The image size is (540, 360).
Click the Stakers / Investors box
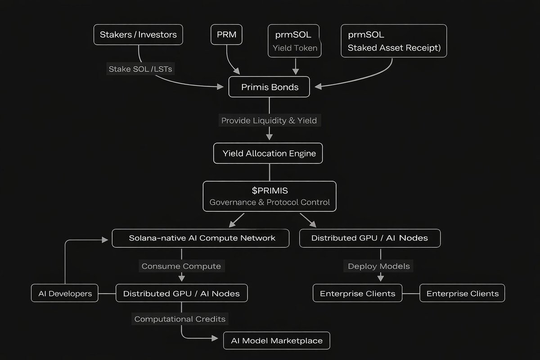click(138, 35)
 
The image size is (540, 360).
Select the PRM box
click(226, 35)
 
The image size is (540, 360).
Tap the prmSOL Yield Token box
click(294, 41)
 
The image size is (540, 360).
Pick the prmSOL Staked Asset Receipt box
click(394, 41)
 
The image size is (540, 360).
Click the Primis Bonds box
click(269, 87)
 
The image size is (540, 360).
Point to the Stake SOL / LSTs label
click(140, 69)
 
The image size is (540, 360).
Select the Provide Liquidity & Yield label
click(269, 120)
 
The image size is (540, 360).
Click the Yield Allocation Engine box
click(268, 153)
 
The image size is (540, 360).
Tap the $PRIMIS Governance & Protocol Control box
click(270, 196)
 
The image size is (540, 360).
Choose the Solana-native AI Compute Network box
click(201, 238)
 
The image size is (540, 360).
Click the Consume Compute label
click(181, 266)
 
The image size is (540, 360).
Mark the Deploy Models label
click(378, 266)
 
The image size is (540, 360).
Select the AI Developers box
click(65, 293)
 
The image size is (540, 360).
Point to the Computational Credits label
click(180, 319)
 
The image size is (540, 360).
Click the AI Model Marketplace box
click(276, 341)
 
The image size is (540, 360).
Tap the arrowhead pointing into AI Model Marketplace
click(215, 338)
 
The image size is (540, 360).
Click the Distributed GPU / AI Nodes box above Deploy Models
click(370, 238)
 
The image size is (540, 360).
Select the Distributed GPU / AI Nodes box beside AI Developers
click(181, 293)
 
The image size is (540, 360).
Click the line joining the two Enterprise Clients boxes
click(411, 293)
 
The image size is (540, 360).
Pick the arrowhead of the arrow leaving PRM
click(237, 71)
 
